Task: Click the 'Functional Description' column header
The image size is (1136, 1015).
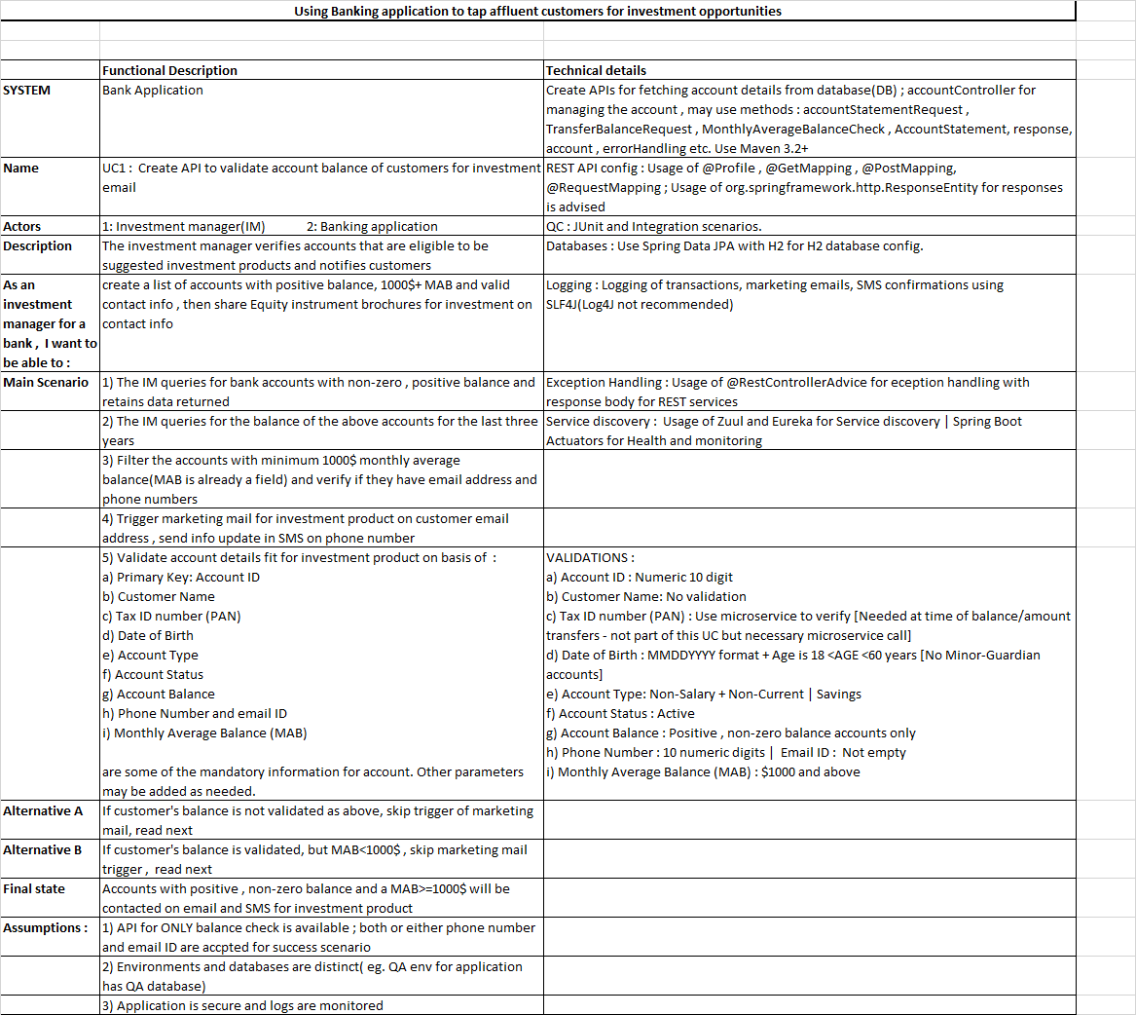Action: tap(169, 70)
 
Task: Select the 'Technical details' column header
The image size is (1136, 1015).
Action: tap(596, 70)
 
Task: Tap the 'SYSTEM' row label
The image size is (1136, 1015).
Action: tap(27, 90)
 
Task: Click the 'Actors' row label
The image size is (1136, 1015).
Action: tap(22, 226)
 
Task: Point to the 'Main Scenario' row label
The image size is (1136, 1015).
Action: tap(46, 382)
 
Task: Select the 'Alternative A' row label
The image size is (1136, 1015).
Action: tap(44, 810)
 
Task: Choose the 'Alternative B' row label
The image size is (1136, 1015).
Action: tap(44, 849)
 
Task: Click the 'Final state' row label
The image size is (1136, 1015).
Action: tap(34, 888)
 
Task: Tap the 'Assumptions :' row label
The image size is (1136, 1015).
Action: tap(46, 927)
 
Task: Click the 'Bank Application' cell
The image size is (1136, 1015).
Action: tap(153, 90)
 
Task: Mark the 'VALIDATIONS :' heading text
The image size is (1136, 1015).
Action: tap(591, 557)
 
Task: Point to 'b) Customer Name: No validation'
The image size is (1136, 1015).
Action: tap(646, 596)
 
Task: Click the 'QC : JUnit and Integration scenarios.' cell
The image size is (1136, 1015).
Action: tap(654, 226)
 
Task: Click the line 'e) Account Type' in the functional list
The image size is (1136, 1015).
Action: tap(150, 655)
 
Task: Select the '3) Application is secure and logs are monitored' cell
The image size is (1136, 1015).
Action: tap(242, 1005)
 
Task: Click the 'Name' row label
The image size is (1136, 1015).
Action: tap(20, 168)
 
